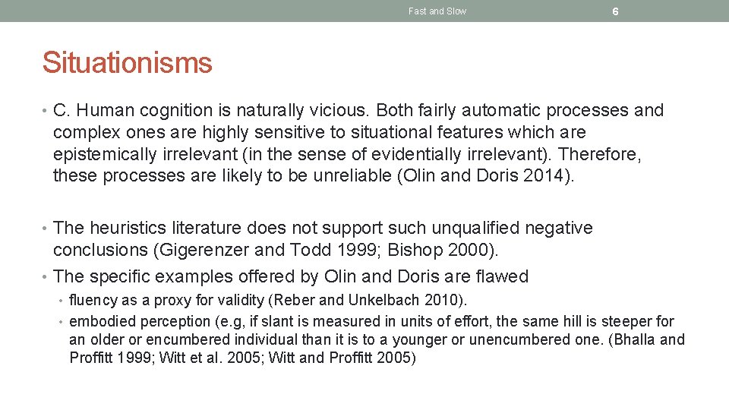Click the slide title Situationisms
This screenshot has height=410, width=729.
coord(127,62)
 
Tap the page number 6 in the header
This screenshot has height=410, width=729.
coord(615,11)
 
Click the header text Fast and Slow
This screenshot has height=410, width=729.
coord(437,11)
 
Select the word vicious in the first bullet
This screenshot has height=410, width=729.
coord(339,111)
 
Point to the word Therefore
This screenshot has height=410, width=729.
coord(600,155)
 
